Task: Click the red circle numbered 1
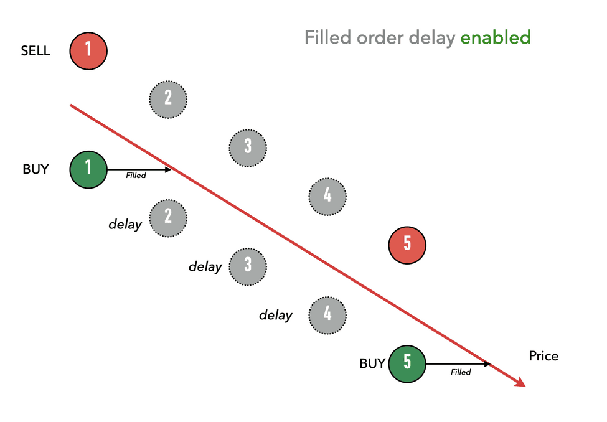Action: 88,51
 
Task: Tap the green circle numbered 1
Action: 88,169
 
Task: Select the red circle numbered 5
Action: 407,245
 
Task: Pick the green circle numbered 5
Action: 407,364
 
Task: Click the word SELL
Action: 35,50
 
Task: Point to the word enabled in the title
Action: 496,37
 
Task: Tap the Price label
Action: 543,356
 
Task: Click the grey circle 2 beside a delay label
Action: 168,218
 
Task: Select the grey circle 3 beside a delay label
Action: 248,267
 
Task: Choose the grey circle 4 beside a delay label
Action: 327,315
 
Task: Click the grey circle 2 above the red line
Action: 168,100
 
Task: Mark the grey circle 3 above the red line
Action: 248,148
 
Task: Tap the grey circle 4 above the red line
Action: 327,197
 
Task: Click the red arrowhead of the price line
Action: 520,383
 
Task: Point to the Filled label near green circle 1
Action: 136,176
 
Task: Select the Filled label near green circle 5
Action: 461,372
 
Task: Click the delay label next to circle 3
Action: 205,266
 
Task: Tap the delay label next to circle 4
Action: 276,315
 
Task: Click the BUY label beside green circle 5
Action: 372,363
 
